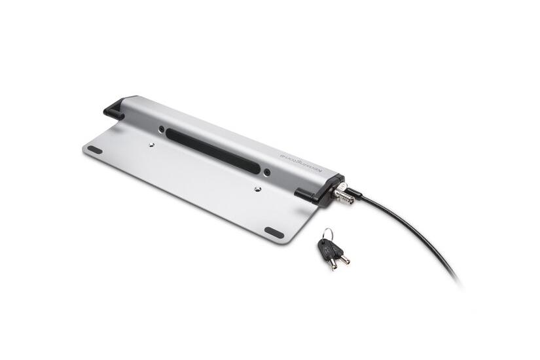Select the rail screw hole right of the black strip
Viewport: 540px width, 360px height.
coord(266,173)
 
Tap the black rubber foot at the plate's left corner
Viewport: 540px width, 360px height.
coord(95,150)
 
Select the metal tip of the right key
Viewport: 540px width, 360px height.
coord(344,259)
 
